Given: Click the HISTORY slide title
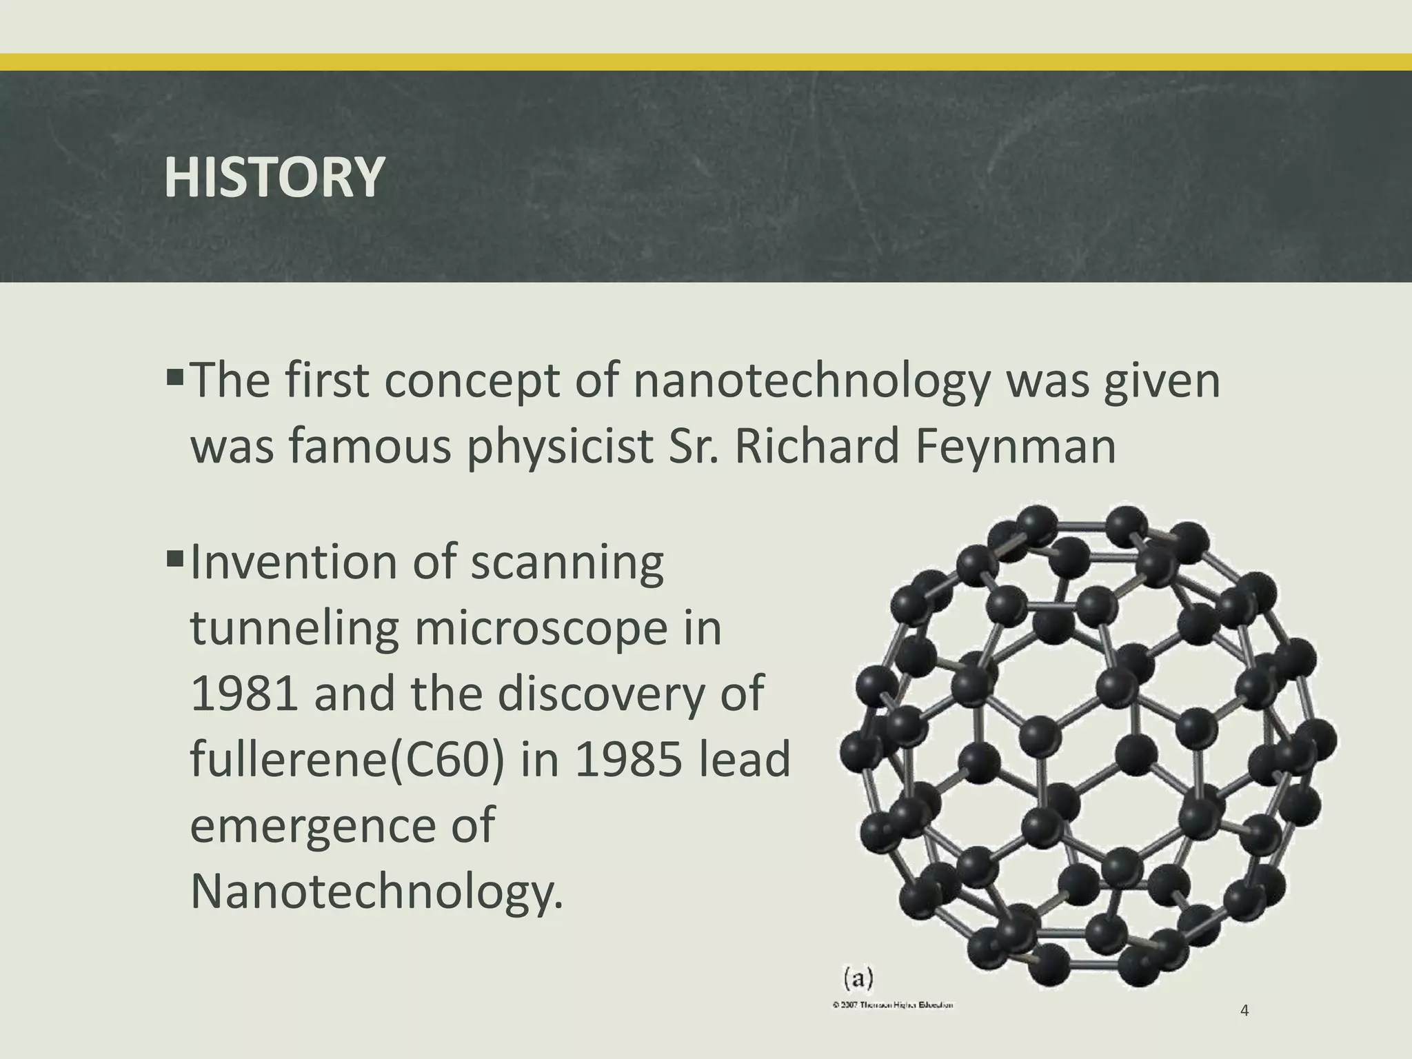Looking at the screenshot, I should [x=274, y=177].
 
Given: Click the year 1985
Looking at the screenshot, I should [x=627, y=759].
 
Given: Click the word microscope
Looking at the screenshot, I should [x=541, y=629].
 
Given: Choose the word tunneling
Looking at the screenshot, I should [x=294, y=630].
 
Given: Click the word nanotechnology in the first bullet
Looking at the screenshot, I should [x=811, y=382].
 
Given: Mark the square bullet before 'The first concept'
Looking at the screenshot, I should [x=175, y=376].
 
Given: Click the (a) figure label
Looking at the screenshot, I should [x=858, y=977].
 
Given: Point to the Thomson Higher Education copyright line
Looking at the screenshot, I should [x=893, y=1005].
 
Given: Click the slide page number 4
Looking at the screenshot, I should [x=1244, y=1011].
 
